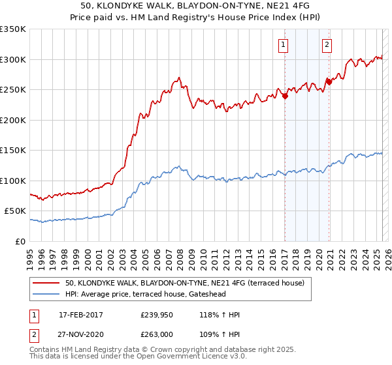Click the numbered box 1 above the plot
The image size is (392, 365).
284,45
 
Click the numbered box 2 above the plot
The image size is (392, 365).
326,45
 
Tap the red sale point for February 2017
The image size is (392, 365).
285,96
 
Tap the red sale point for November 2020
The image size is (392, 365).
329,81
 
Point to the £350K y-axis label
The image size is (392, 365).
13,29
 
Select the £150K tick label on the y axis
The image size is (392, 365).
13,151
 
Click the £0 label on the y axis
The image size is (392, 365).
21,241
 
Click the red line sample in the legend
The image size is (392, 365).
47,283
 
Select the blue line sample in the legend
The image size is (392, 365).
47,295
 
